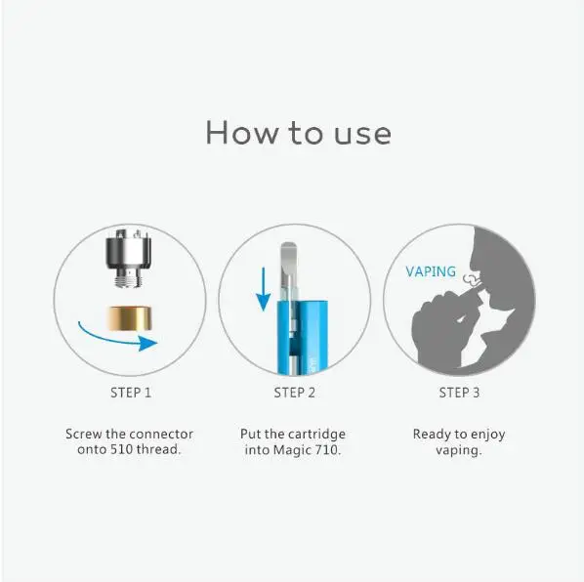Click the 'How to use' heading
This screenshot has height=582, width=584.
298,132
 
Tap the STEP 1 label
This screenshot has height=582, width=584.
129,393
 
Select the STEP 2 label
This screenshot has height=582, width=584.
294,393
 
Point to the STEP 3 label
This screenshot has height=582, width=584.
459,393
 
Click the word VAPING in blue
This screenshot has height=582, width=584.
431,271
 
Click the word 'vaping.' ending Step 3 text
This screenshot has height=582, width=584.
459,450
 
